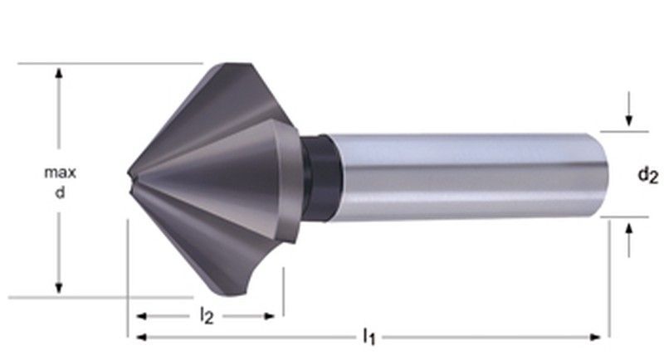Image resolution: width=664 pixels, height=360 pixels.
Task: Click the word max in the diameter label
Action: click(x=60, y=173)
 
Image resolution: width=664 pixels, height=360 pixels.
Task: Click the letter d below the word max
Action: click(x=60, y=192)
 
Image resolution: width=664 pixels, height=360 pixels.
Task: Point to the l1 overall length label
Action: click(x=369, y=336)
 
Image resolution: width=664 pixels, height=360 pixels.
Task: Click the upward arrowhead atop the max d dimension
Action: click(x=59, y=73)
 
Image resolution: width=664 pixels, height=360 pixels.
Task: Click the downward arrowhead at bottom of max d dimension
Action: click(x=59, y=287)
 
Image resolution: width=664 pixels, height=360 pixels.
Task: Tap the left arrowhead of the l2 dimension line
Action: click(x=142, y=316)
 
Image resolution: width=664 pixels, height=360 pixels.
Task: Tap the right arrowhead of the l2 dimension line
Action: click(x=268, y=316)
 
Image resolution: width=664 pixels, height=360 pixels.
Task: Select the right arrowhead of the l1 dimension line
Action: click(x=594, y=337)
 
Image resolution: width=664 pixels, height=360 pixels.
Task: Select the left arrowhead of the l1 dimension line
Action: click(x=142, y=337)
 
